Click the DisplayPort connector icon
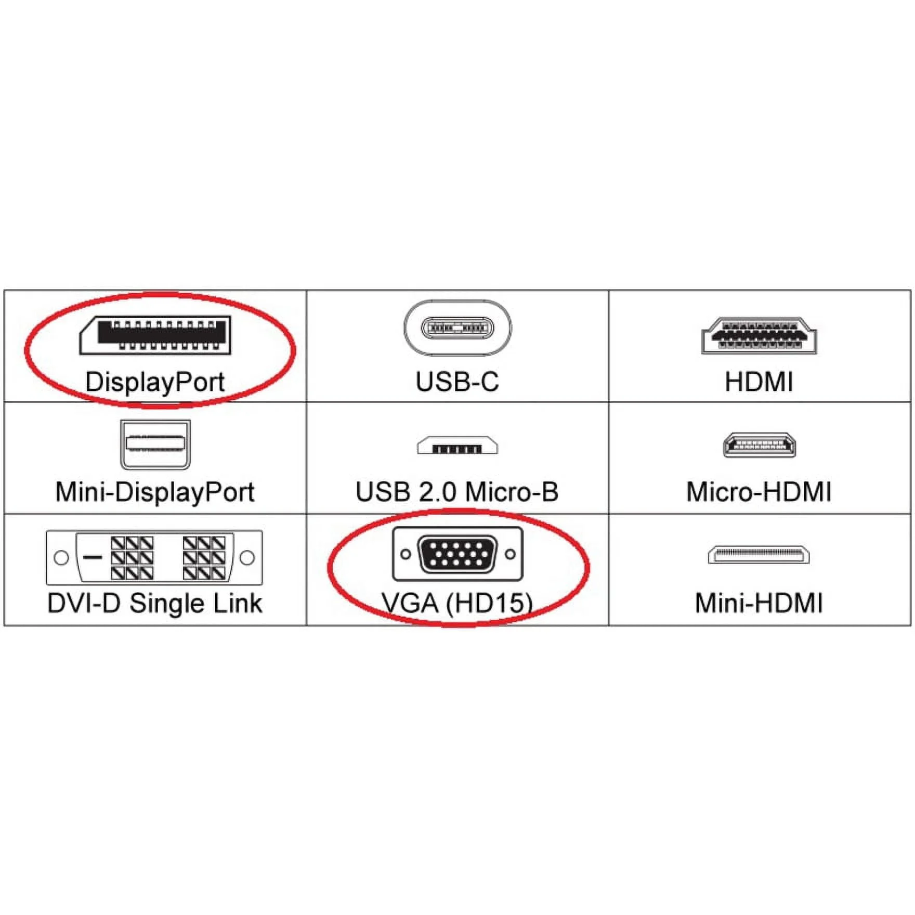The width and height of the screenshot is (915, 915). pyautogui.click(x=155, y=335)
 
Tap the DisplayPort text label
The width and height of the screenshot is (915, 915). pyautogui.click(x=155, y=382)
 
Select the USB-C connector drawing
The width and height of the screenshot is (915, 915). pyautogui.click(x=457, y=328)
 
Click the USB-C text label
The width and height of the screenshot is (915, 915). pyautogui.click(x=457, y=382)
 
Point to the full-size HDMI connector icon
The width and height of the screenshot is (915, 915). pyautogui.click(x=759, y=335)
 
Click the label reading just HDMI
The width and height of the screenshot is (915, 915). pyautogui.click(x=759, y=382)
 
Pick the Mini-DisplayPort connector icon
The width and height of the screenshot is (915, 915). pyautogui.click(x=155, y=445)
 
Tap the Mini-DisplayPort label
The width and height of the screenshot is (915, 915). pyautogui.click(x=155, y=492)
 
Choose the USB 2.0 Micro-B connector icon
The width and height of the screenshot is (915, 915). pyautogui.click(x=457, y=446)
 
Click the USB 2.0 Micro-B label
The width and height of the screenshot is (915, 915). pyautogui.click(x=457, y=492)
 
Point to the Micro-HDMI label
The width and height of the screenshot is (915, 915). pyautogui.click(x=759, y=492)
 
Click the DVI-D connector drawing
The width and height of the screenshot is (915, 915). pyautogui.click(x=154, y=557)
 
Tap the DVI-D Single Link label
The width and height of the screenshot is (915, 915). pyautogui.click(x=155, y=604)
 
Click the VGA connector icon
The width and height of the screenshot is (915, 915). pyautogui.click(x=457, y=554)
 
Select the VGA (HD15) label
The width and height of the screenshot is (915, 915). pyautogui.click(x=457, y=604)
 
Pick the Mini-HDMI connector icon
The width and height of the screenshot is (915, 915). pyautogui.click(x=759, y=554)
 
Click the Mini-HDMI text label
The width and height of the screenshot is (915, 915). pyautogui.click(x=759, y=604)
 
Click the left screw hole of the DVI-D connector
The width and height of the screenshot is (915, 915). pyautogui.click(x=61, y=558)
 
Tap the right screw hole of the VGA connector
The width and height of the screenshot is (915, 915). pyautogui.click(x=511, y=554)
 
